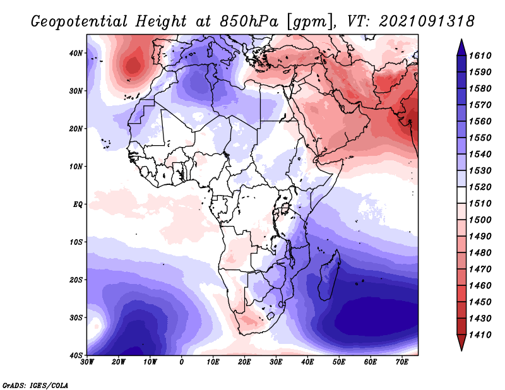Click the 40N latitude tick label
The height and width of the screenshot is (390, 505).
point(76,53)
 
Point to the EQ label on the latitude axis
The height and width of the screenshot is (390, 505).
point(78,204)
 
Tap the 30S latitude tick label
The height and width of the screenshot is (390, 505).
point(76,318)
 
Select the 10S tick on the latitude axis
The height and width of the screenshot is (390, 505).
point(76,242)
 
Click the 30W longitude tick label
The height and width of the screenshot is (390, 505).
point(87,362)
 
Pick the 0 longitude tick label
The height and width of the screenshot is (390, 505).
point(182,362)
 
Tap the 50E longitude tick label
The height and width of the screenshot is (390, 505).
point(339,362)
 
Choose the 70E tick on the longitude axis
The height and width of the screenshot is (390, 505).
point(402,362)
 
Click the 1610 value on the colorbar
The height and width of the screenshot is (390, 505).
point(480,56)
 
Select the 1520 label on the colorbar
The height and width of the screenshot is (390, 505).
point(480,187)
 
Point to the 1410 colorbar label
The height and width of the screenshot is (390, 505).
point(480,335)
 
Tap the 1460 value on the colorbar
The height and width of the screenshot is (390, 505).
point(480,286)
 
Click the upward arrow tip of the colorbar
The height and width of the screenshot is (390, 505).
point(461,40)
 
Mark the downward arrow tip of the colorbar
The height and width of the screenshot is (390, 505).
point(461,350)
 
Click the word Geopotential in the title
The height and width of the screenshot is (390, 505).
point(80,21)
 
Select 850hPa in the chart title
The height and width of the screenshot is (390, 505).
point(249,21)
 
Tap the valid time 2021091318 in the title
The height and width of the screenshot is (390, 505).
point(427,21)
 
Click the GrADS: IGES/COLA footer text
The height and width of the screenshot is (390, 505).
point(35,385)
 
